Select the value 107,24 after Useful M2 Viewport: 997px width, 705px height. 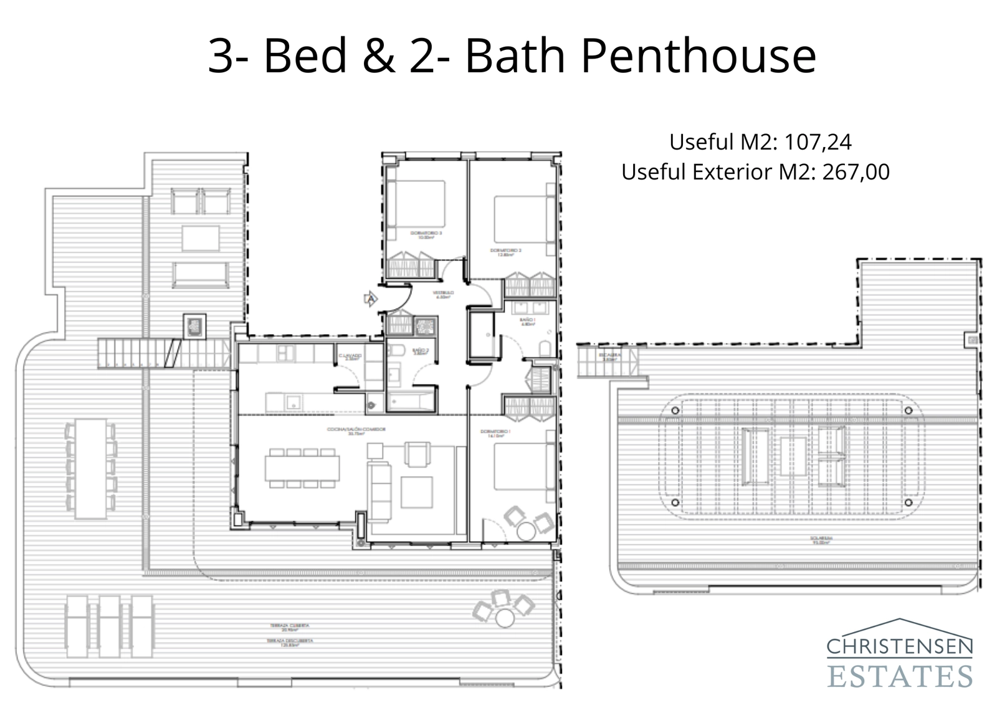(818, 142)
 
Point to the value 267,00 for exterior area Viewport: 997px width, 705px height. (856, 171)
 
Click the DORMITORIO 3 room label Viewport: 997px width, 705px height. (426, 234)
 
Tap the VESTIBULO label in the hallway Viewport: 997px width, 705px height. (444, 292)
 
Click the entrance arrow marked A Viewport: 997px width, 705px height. (370, 300)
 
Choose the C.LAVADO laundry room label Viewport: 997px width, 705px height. (350, 356)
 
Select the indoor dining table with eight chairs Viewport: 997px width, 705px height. (302, 468)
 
